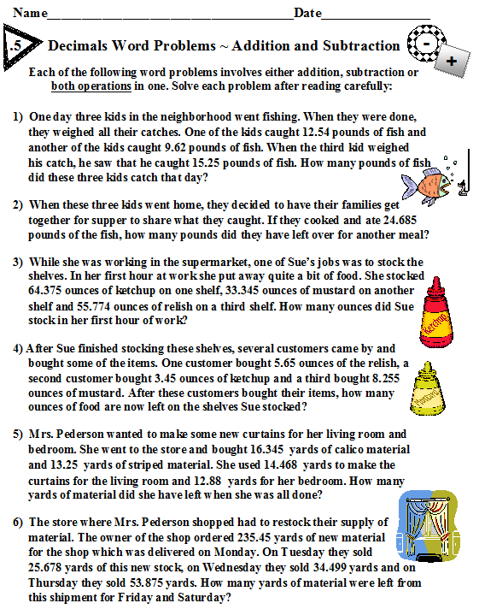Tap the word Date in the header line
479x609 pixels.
[308, 13]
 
